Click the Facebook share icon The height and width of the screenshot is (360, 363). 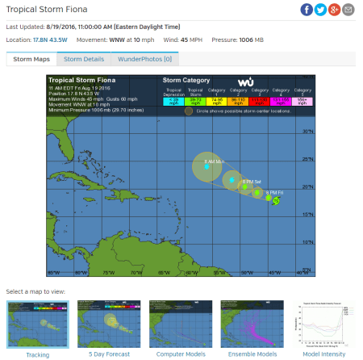[307, 10]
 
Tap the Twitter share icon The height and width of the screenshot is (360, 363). [320, 10]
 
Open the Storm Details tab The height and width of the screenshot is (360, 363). [84, 59]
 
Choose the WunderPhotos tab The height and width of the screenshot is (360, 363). [145, 59]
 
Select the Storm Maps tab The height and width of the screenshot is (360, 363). [31, 59]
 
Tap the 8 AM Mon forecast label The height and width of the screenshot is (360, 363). [214, 162]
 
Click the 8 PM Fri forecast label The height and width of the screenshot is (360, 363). [275, 191]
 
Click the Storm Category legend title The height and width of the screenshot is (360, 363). [186, 82]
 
